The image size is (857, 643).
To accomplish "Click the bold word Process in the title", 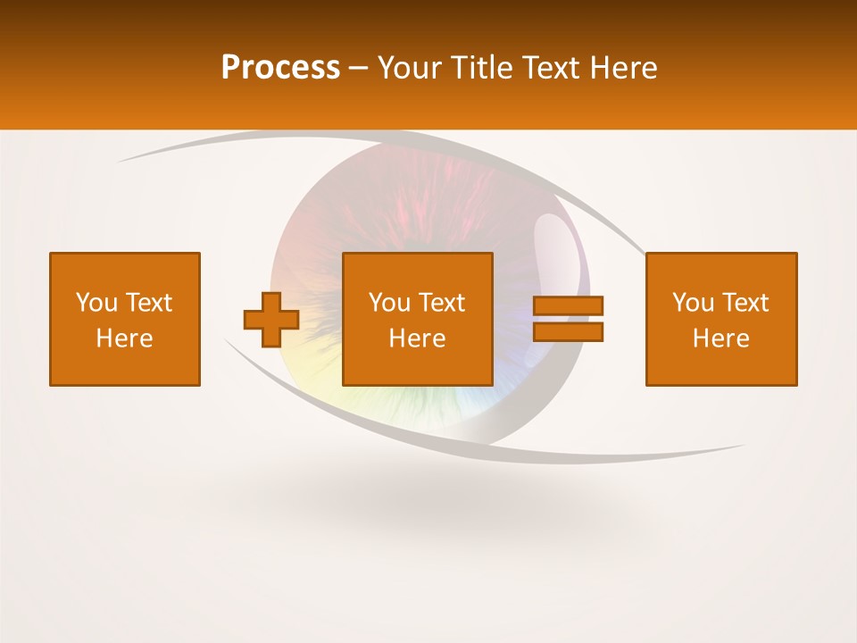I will point(280,68).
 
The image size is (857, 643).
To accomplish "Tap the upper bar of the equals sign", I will point(568,305).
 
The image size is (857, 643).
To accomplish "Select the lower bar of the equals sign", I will point(568,332).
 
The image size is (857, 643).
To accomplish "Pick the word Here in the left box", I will point(124,338).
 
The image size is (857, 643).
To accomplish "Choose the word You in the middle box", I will point(389,303).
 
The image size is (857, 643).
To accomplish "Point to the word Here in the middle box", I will point(417,338).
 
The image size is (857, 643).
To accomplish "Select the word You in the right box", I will point(693,303).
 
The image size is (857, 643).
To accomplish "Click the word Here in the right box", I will point(720,338).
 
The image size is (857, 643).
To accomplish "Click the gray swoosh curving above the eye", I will point(268,139).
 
